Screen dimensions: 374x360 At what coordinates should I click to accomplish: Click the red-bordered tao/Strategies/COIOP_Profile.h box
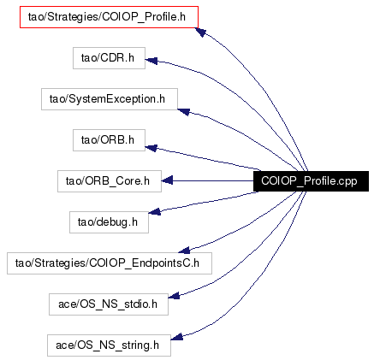[x=109, y=17]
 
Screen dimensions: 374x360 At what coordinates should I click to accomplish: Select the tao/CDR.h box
[x=109, y=58]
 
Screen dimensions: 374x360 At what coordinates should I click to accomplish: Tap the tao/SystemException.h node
[x=110, y=99]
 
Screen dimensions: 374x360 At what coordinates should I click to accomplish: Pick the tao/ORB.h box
[x=109, y=140]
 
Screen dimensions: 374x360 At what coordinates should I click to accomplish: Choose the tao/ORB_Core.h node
[x=110, y=181]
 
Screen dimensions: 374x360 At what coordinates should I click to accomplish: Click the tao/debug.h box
[x=109, y=222]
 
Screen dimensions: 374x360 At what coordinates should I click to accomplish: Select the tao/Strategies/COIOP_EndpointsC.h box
[x=110, y=263]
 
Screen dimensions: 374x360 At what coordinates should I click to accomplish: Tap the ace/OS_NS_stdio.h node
[x=109, y=304]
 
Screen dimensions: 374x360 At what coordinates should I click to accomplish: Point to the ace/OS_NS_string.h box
[x=109, y=345]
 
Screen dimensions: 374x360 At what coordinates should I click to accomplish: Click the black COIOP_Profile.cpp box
[x=311, y=181]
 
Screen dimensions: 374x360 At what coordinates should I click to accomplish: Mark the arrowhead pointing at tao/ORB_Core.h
[x=167, y=180]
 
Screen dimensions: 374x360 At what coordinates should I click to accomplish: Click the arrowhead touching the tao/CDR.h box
[x=151, y=60]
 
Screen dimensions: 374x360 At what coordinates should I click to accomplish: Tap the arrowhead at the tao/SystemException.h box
[x=184, y=111]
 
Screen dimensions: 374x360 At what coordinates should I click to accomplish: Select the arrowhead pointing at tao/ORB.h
[x=151, y=148]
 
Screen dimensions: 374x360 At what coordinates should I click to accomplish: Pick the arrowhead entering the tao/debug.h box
[x=155, y=211]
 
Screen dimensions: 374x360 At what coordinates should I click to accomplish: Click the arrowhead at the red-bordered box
[x=201, y=32]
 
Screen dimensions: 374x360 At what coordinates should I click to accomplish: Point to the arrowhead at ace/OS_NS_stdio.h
[x=174, y=296]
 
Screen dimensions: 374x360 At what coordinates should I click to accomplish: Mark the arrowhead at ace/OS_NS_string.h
[x=177, y=337]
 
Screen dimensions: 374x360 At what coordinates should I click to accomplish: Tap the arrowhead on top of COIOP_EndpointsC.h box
[x=184, y=251]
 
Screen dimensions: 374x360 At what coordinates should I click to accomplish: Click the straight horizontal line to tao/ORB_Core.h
[x=213, y=180]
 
